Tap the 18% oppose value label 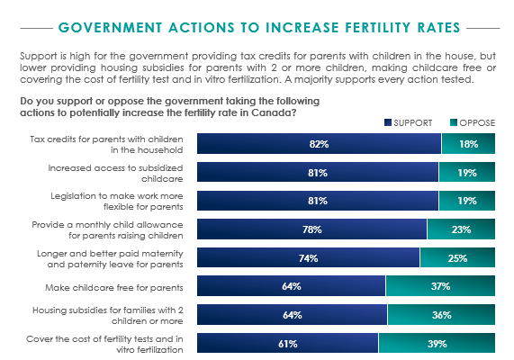click(467, 144)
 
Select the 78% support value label click(311, 229)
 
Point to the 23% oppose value click(460, 229)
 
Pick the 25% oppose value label click(457, 258)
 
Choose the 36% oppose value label click(440, 316)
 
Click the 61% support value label click(288, 344)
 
